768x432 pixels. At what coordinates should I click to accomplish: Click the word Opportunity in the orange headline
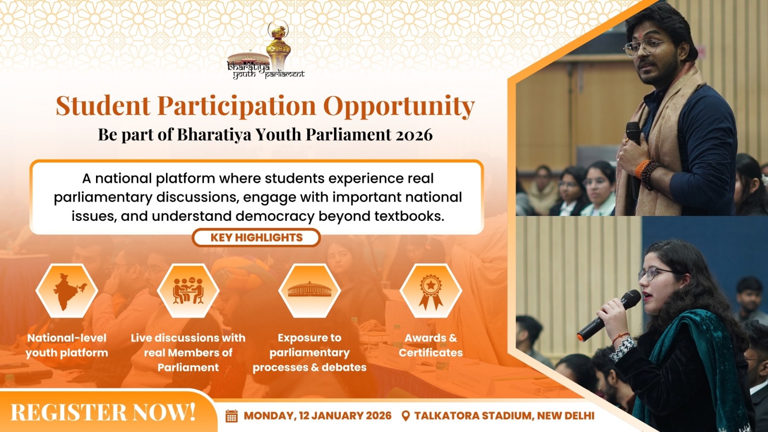point(399,106)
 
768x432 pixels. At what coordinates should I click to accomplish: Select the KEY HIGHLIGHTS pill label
point(256,238)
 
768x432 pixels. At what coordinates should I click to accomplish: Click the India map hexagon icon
point(67,291)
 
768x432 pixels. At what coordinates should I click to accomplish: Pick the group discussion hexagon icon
point(188,291)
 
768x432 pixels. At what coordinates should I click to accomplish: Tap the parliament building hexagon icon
point(310,291)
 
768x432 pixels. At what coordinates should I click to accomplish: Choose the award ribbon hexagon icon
point(431,291)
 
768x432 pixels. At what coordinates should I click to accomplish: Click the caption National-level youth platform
point(67,345)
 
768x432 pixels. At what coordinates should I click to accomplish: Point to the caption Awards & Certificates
point(431,345)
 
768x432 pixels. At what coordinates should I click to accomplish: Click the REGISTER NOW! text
point(103,412)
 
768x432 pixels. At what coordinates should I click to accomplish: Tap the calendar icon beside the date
point(232,416)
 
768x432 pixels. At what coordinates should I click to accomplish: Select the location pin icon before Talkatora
point(406,416)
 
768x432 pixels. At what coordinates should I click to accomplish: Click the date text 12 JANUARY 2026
point(345,416)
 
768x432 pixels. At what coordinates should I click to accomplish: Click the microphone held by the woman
point(609,315)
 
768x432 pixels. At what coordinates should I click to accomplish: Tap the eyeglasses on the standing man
point(645,47)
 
